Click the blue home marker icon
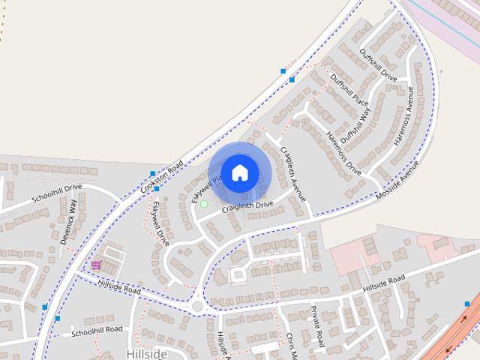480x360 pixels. tap(239, 172)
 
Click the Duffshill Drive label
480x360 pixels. tap(378, 65)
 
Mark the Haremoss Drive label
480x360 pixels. tap(344, 153)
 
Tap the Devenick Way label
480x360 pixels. tap(72, 217)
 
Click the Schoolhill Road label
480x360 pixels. tap(97, 330)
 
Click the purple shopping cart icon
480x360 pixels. tap(96, 265)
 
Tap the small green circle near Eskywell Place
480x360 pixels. tap(203, 203)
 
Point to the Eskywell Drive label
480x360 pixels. tap(160, 223)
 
